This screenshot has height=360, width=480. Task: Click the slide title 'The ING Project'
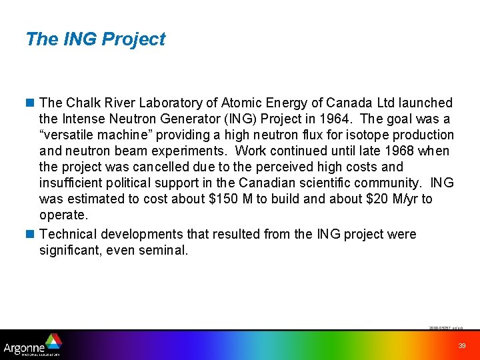95,39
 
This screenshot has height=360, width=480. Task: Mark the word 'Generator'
185,119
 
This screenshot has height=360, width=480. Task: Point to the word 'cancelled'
155,167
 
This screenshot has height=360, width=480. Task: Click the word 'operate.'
63,215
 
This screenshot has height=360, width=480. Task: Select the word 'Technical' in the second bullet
67,234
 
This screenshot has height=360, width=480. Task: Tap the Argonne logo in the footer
33,345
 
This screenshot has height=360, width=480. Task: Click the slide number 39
462,345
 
